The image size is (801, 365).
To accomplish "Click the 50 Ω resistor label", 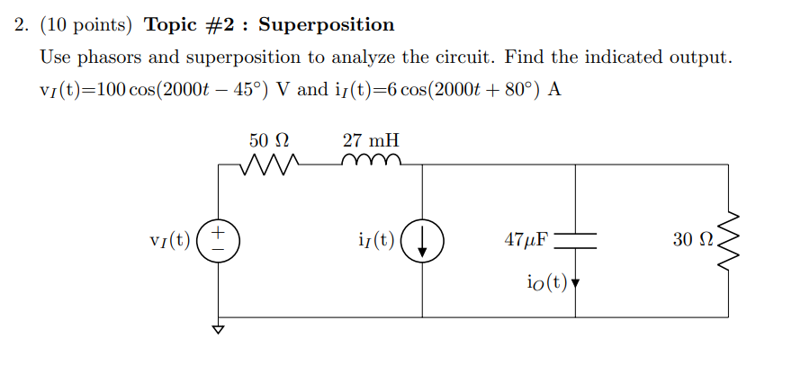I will pyautogui.click(x=269, y=140).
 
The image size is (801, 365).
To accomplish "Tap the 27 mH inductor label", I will pyautogui.click(x=371, y=140).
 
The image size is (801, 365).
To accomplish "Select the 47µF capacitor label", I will pyautogui.click(x=526, y=240).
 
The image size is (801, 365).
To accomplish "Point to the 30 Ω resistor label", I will pyautogui.click(x=693, y=240).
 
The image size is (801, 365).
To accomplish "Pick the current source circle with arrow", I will pyautogui.click(x=422, y=241).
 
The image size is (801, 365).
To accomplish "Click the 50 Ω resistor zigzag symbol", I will pyautogui.click(x=269, y=165).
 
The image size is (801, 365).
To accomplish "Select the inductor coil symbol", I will pyautogui.click(x=370, y=163).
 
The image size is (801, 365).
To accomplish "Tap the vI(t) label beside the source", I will pyautogui.click(x=170, y=241).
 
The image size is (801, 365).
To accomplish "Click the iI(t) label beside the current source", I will pyautogui.click(x=375, y=241).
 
